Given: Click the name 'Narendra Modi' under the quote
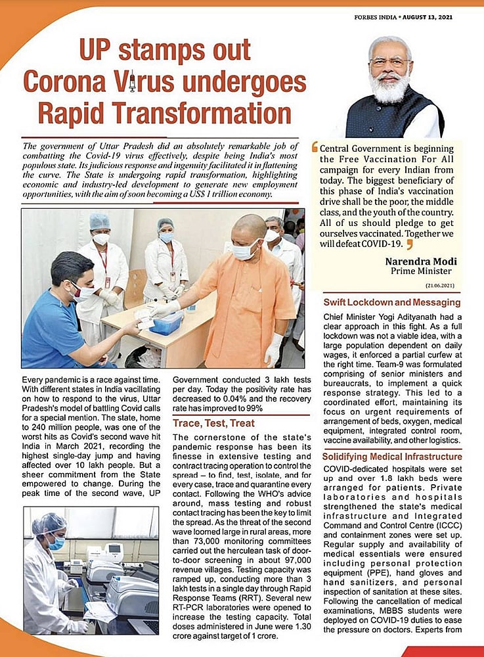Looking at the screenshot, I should pyautogui.click(x=420, y=261).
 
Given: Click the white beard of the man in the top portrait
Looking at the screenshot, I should pyautogui.click(x=389, y=89).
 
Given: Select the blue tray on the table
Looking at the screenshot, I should pyautogui.click(x=166, y=324).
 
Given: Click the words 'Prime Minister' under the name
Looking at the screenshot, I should pyautogui.click(x=421, y=271).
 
